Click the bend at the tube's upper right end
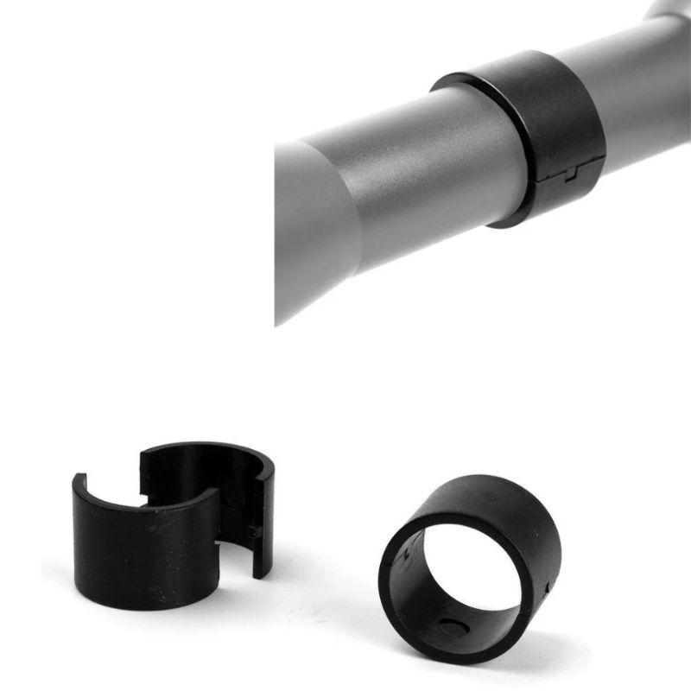click(x=669, y=13)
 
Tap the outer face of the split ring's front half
click(x=130, y=553)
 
